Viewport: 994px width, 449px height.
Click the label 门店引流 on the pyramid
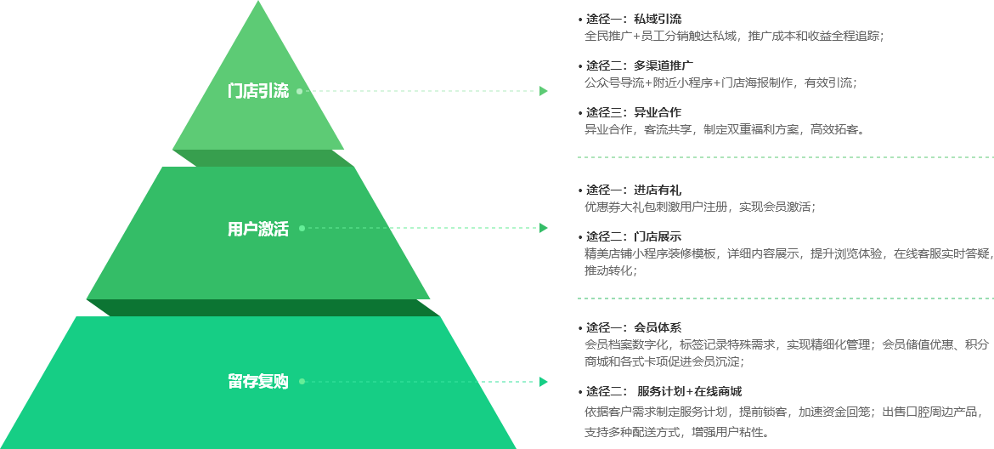point(258,91)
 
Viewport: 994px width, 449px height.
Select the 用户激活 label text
point(258,229)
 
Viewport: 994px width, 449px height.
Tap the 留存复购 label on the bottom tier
point(258,382)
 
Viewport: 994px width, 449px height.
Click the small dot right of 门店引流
point(300,91)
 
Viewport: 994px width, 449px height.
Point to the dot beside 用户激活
point(301,229)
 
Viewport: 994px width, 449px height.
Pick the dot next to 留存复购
point(302,382)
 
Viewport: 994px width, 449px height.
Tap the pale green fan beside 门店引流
point(433,85)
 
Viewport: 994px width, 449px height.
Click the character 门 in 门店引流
point(235,91)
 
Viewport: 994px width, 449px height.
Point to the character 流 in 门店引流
point(281,91)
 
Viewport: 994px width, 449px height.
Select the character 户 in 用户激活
point(251,229)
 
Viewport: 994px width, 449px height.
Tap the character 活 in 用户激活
point(281,229)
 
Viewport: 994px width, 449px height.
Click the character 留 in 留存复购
point(235,382)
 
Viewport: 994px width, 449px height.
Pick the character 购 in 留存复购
point(281,382)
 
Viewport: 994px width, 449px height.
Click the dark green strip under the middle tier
point(263,307)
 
